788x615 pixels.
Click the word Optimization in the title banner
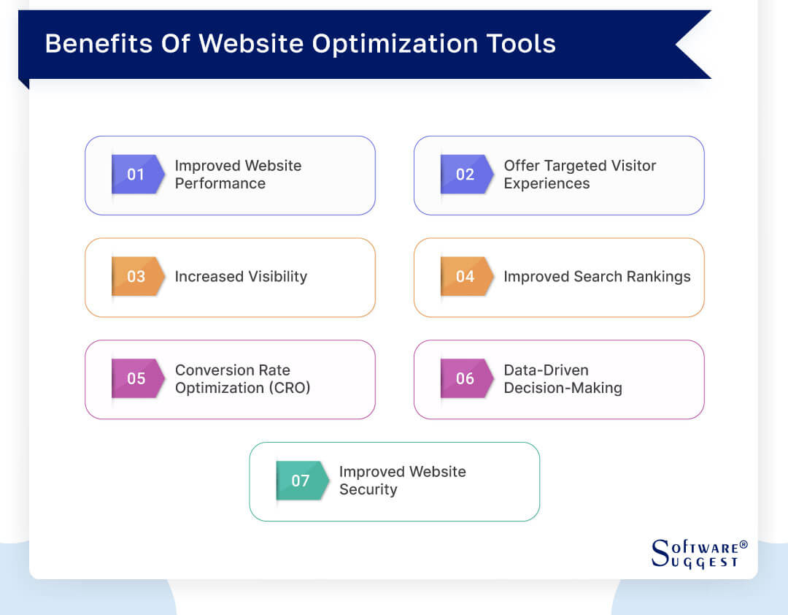click(x=395, y=45)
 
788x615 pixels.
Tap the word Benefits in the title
click(x=98, y=43)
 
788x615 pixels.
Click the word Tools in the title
click(x=521, y=43)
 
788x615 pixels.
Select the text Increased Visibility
click(x=241, y=277)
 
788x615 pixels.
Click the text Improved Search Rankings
click(x=597, y=277)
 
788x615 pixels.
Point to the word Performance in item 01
click(x=220, y=183)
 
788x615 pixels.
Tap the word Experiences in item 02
click(x=546, y=183)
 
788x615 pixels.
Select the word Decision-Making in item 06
click(x=563, y=388)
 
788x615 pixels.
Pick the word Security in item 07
click(x=368, y=489)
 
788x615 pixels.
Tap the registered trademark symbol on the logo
click(x=743, y=545)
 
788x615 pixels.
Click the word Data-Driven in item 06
click(x=546, y=370)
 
